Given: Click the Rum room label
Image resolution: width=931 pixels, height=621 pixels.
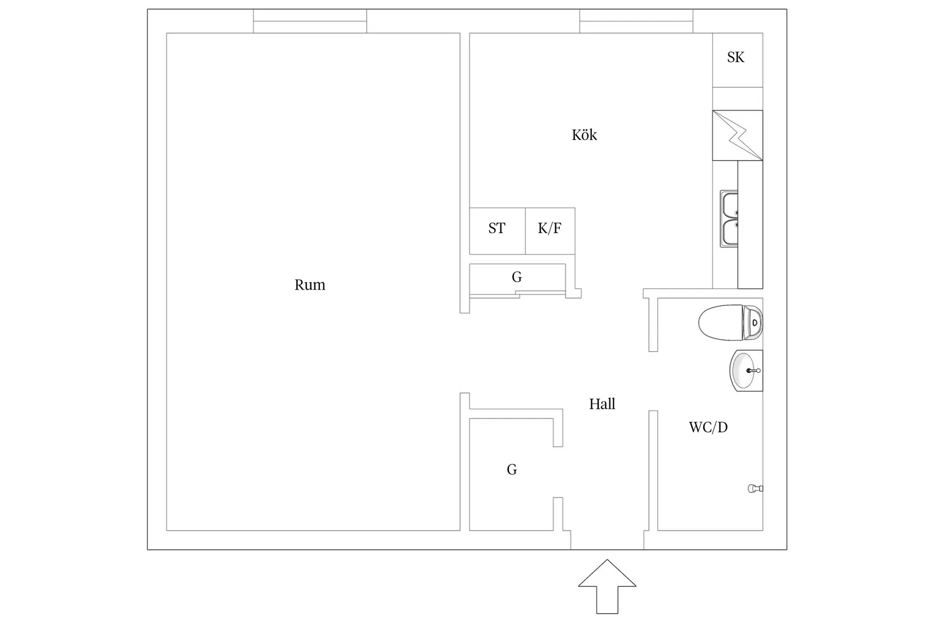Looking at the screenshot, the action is click(310, 285).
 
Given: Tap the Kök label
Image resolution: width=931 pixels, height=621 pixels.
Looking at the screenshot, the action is click(585, 135).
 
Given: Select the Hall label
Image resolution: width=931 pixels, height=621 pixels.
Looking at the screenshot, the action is click(602, 404).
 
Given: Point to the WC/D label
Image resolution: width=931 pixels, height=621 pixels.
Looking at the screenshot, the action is click(708, 427).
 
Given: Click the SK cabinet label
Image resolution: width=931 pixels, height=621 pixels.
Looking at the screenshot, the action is click(736, 58).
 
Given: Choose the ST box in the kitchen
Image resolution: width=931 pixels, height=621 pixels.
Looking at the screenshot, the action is click(498, 231).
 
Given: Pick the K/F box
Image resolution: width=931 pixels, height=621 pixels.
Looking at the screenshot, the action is click(550, 231).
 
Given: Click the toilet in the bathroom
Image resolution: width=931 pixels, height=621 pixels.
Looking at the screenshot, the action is click(730, 322).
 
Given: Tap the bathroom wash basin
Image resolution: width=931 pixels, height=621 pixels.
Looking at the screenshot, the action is click(746, 370).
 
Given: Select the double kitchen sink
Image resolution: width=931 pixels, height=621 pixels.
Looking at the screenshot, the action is click(729, 219).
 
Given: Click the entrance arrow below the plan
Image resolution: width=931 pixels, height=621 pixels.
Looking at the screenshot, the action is click(607, 586).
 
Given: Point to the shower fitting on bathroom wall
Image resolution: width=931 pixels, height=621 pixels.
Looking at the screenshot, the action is click(756, 488).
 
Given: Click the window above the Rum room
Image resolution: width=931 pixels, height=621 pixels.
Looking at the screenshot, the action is click(310, 21).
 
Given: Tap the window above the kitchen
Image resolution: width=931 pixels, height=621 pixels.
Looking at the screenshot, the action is click(636, 21).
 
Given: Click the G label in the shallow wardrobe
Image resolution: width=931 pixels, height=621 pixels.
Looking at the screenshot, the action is click(517, 277).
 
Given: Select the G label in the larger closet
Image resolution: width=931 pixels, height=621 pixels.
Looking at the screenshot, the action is click(512, 470).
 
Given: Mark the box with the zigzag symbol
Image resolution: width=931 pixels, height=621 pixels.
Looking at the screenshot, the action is click(737, 135).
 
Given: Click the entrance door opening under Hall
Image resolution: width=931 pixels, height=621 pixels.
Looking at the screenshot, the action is click(607, 540).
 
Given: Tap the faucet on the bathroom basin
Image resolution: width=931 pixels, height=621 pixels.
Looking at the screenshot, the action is click(753, 370).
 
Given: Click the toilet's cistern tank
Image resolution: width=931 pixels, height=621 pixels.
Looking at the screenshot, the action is click(753, 322).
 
